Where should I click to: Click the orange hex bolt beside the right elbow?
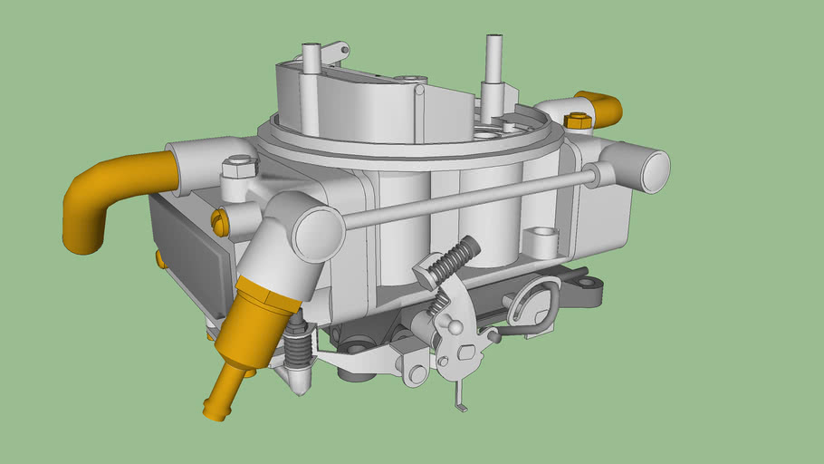pyautogui.click(x=577, y=121)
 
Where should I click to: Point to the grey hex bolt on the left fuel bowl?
pyautogui.click(x=239, y=167)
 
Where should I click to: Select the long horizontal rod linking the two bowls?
pyautogui.click(x=471, y=197)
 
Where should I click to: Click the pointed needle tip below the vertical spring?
pyautogui.click(x=299, y=386)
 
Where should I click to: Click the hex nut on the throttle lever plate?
pyautogui.click(x=465, y=352)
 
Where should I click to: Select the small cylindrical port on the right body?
pyautogui.click(x=543, y=241)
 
